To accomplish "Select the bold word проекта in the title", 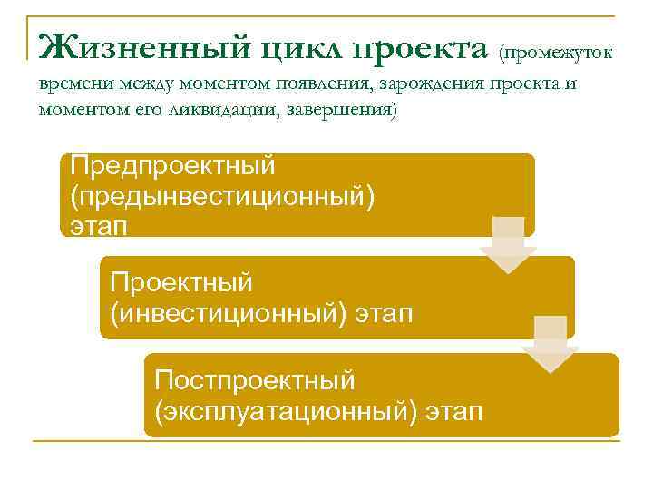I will tap(421, 45).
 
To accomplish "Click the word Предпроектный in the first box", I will tap(173, 166).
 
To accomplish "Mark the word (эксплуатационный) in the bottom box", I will tap(287, 410).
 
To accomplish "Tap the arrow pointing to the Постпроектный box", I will tap(550, 344).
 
